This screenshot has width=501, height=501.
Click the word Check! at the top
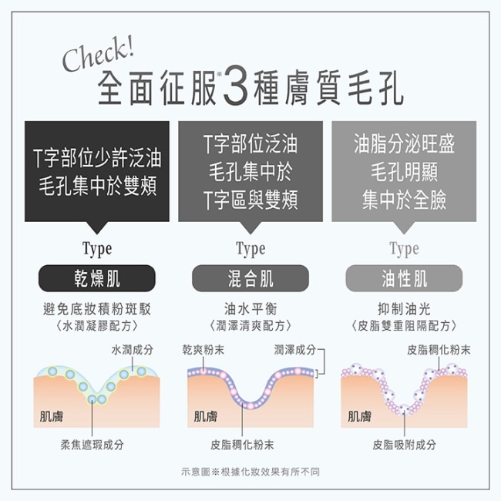click(x=99, y=54)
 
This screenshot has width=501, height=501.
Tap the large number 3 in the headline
click(x=236, y=86)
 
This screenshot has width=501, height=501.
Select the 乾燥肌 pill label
click(x=97, y=278)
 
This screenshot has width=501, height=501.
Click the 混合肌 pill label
click(x=250, y=278)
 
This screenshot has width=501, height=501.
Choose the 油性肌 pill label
click(x=404, y=278)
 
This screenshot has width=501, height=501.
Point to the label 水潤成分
click(x=133, y=350)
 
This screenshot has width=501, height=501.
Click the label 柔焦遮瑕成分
click(x=92, y=445)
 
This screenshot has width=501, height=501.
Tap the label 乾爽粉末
click(x=203, y=350)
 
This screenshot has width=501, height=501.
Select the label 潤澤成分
click(x=295, y=350)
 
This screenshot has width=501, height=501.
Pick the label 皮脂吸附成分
click(x=404, y=445)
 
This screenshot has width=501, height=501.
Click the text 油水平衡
click(x=250, y=309)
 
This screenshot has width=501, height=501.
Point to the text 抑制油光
click(x=404, y=309)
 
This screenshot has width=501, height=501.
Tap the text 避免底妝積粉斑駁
click(x=97, y=309)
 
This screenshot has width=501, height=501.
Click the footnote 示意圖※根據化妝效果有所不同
click(x=250, y=472)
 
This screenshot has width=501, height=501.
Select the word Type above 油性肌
click(x=404, y=249)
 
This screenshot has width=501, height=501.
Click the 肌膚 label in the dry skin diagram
click(x=52, y=416)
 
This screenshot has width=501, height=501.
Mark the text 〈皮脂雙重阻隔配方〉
click(x=404, y=326)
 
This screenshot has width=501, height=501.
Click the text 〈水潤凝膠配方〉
click(x=97, y=326)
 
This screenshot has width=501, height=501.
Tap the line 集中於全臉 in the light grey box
click(x=404, y=200)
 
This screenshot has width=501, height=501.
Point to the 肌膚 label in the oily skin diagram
click(x=359, y=416)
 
